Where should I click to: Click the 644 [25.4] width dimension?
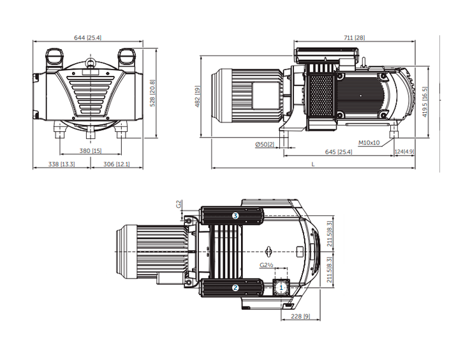(89, 38)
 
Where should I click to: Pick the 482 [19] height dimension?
(198, 97)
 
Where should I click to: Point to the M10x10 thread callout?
(369, 143)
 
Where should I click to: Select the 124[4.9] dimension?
(404, 152)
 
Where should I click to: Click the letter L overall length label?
(313, 164)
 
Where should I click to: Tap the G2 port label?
(179, 205)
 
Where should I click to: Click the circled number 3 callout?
(235, 216)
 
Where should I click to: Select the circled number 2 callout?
(235, 287)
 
